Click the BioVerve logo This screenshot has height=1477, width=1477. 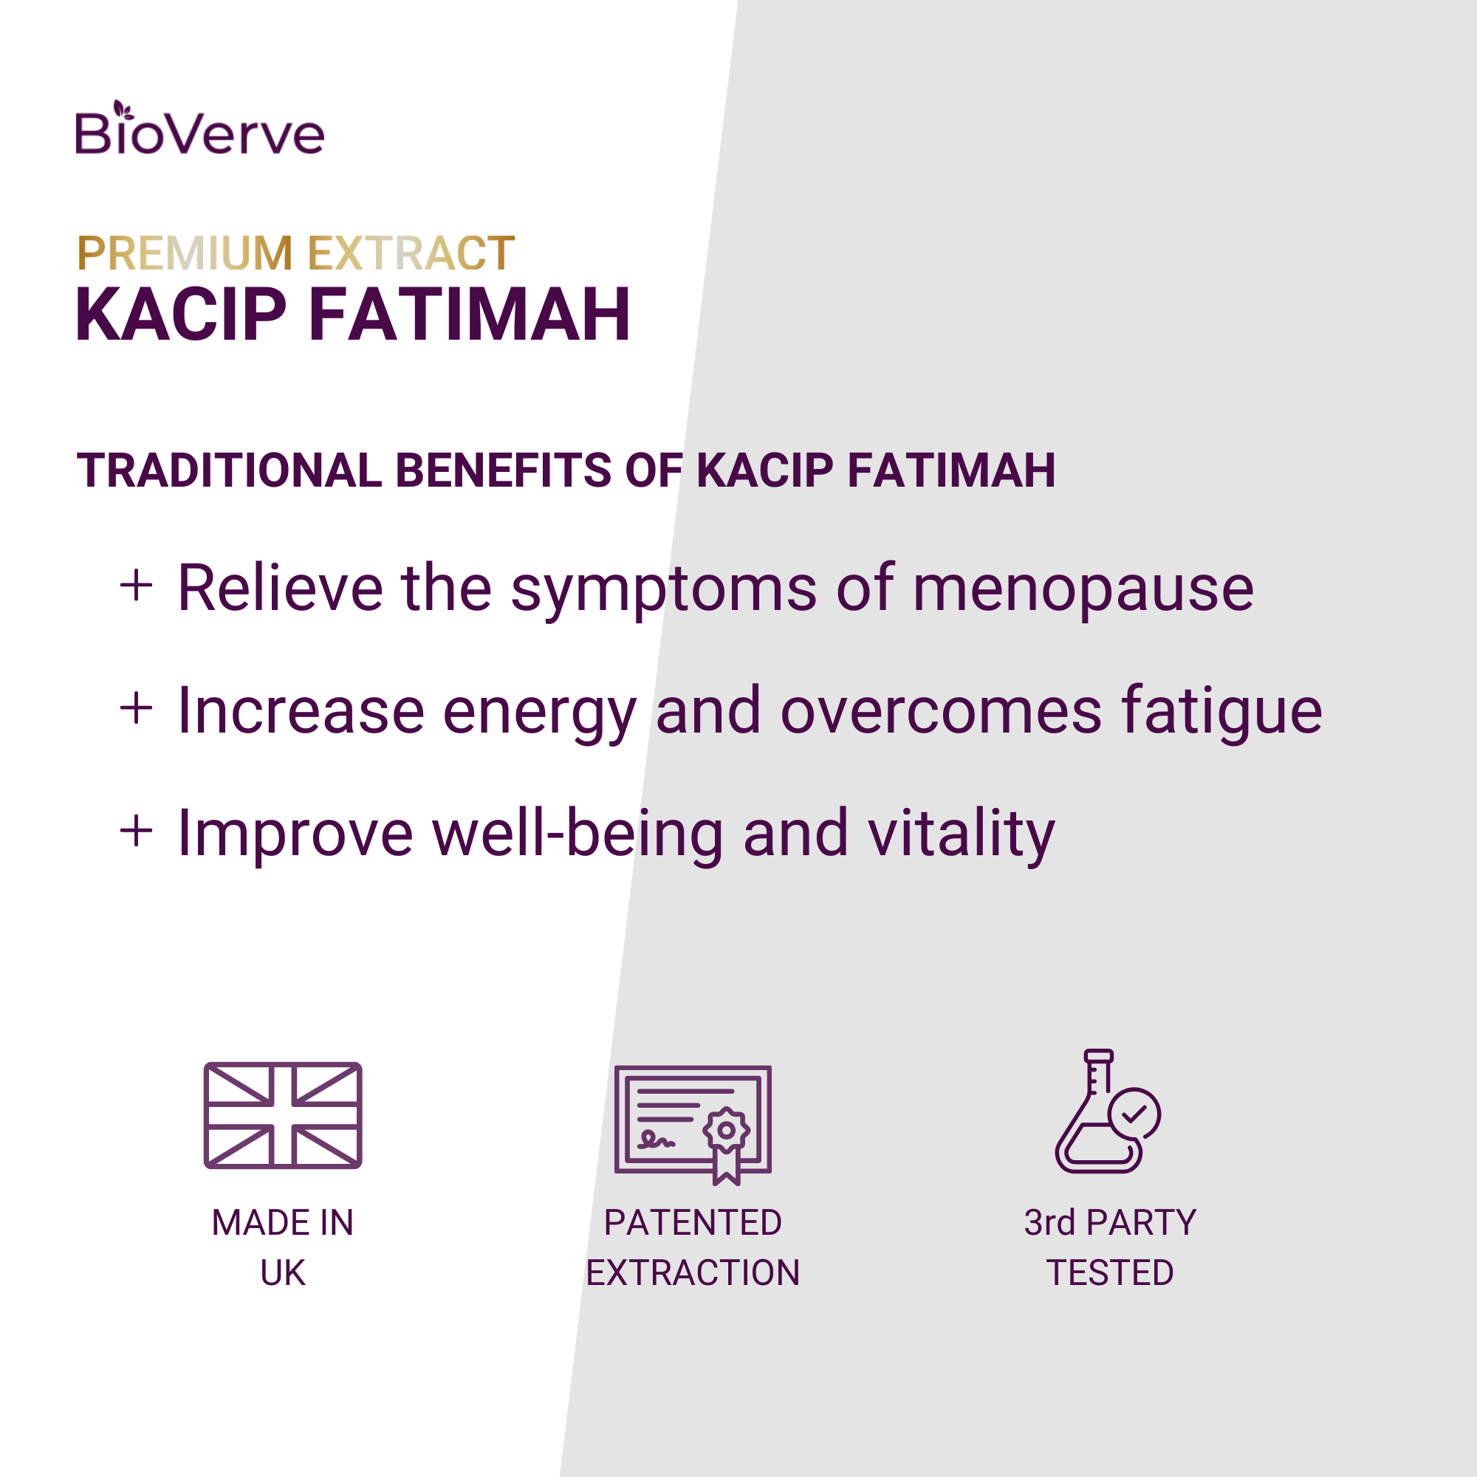(x=199, y=128)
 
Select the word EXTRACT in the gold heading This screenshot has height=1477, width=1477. (x=411, y=253)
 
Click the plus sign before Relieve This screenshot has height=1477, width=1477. (x=137, y=586)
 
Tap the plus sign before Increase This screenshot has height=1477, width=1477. (x=137, y=708)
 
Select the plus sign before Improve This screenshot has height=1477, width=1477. (x=137, y=831)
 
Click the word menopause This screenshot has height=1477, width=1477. (x=1083, y=592)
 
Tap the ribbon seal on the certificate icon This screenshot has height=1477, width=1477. (x=726, y=1144)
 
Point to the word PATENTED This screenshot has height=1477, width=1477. (x=693, y=1222)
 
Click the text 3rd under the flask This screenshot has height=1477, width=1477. (x=1049, y=1222)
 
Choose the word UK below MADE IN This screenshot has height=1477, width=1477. (x=283, y=1273)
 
